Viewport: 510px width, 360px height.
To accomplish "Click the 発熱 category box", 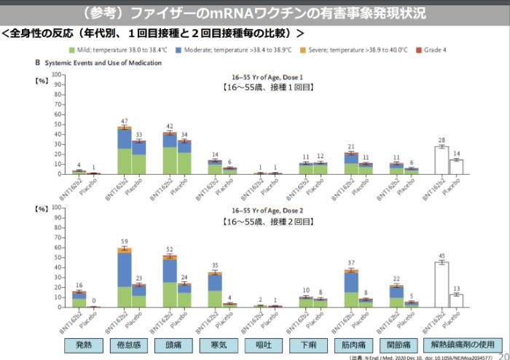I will click(79, 345).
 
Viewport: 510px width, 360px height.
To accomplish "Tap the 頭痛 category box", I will click(170, 345).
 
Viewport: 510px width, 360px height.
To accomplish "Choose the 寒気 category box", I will click(215, 345).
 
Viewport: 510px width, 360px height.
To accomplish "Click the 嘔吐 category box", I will click(260, 345).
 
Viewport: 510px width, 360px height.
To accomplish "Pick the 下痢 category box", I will click(305, 345).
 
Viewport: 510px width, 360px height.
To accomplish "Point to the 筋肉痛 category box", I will click(350, 345).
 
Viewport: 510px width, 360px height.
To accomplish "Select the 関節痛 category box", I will click(396, 345).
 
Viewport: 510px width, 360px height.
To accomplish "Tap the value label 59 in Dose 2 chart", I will click(125, 242).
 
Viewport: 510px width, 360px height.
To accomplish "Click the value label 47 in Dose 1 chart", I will click(125, 120).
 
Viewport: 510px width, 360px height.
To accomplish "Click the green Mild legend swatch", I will click(72, 50).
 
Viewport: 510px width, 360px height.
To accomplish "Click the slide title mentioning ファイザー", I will click(254, 13).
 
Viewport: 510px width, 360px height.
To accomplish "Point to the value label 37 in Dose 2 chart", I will click(351, 263).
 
